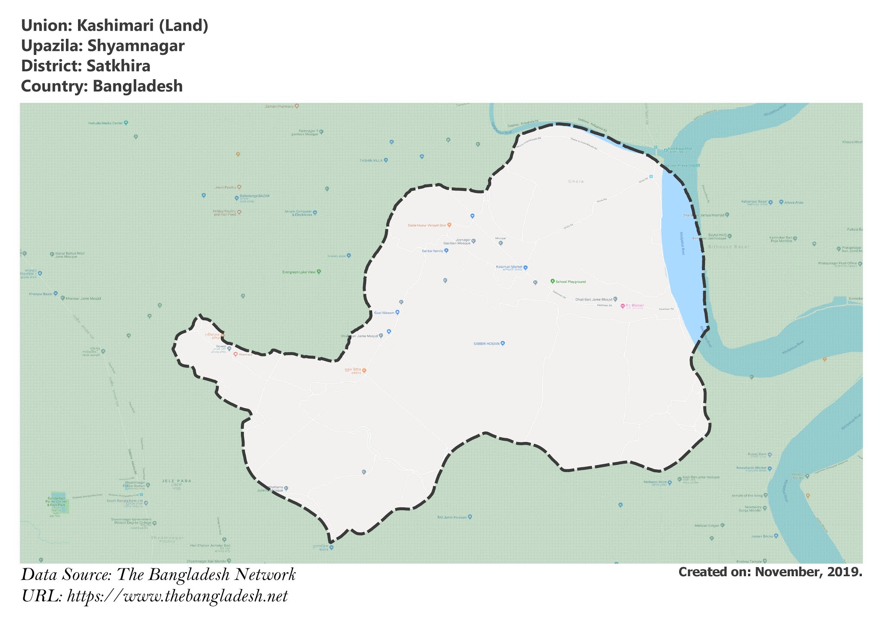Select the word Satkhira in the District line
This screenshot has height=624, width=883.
point(118,66)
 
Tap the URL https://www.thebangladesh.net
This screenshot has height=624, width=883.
point(177,596)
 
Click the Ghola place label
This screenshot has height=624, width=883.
point(576,181)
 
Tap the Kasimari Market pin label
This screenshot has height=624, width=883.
point(509,267)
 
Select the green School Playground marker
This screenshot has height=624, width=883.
point(552,281)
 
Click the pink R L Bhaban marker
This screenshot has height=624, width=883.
point(623,306)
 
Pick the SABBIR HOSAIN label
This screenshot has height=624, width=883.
point(486,344)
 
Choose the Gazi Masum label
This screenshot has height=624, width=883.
point(384,312)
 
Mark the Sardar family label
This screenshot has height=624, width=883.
point(432,251)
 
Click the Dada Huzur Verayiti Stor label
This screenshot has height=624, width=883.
point(427,225)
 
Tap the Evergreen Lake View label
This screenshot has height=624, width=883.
point(299,272)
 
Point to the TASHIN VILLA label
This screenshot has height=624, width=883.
point(371,160)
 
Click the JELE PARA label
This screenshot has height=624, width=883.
point(176,481)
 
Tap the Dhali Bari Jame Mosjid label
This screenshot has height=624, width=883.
point(593,300)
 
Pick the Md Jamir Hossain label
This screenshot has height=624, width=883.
point(452,517)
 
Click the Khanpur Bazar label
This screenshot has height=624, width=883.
point(41,294)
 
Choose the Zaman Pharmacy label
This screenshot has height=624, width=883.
point(279,106)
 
